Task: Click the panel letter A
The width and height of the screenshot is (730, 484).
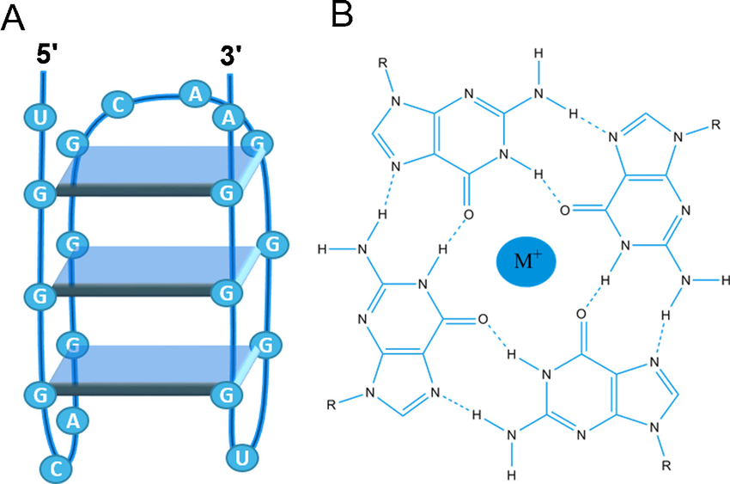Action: tap(15, 17)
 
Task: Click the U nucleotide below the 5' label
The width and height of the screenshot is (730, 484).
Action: tap(40, 116)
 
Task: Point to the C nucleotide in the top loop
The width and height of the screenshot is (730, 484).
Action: tap(117, 104)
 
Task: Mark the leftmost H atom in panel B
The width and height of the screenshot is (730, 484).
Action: tap(321, 250)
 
